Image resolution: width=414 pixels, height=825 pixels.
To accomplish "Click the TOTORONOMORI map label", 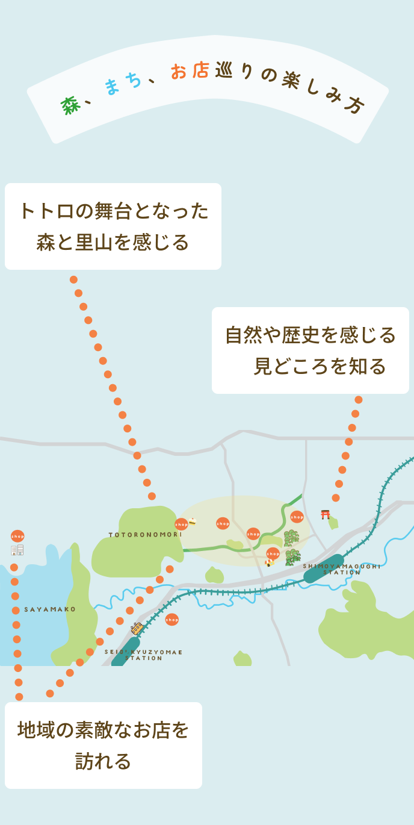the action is click(145, 534).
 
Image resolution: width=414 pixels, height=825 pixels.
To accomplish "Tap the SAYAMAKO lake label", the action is click(50, 609).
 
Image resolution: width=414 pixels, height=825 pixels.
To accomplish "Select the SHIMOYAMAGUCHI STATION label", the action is click(342, 569).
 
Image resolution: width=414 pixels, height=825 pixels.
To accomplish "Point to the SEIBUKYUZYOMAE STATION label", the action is click(143, 655).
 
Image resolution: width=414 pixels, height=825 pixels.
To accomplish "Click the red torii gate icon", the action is click(326, 514).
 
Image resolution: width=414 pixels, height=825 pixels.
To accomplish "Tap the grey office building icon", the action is click(17, 550).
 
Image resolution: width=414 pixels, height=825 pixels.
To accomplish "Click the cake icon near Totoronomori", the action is click(192, 521).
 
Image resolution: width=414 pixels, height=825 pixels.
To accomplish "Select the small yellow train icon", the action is click(137, 628).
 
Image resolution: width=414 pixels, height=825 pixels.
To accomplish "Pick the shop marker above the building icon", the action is click(17, 536).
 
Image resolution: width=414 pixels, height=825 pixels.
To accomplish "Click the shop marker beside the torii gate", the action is click(297, 517).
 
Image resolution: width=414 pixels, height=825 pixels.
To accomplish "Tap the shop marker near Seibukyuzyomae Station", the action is click(172, 619).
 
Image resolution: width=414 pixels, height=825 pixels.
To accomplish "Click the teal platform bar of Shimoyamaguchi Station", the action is click(324, 568).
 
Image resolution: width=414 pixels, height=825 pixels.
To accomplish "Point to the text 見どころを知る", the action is click(320, 366).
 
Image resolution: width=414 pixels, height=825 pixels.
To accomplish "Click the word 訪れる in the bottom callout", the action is click(103, 761).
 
